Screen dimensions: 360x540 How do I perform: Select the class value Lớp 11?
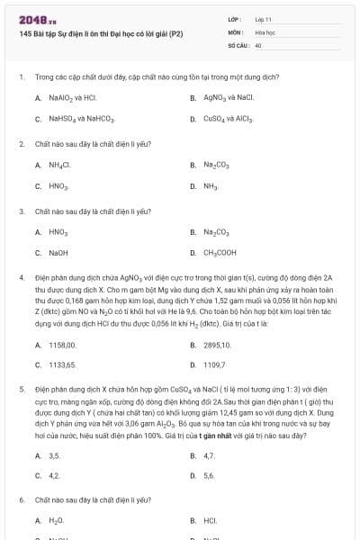point(263,19)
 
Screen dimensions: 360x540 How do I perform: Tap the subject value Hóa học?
point(265,31)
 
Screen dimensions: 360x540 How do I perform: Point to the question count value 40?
point(258,44)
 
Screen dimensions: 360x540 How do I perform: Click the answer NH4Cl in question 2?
point(60,166)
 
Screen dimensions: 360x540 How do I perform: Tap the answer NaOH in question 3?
point(58,253)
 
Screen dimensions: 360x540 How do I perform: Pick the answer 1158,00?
point(63,344)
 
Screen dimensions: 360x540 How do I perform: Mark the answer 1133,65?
point(63,364)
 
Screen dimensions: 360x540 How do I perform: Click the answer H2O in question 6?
point(57,521)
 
